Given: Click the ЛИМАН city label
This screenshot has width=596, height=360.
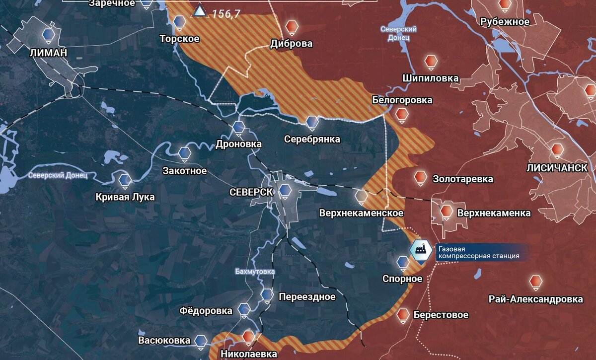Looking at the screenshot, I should (x=48, y=53).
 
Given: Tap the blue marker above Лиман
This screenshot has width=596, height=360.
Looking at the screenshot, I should (x=48, y=33).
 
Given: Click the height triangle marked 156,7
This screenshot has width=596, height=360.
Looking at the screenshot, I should (x=200, y=11).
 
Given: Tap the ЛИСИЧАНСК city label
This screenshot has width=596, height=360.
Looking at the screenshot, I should (x=560, y=168).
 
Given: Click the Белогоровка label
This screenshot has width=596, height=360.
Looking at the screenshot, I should (x=402, y=100).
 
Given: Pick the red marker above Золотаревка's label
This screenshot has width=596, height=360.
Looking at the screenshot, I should (x=420, y=176).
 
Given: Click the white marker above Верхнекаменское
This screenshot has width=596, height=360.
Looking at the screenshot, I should (x=362, y=196).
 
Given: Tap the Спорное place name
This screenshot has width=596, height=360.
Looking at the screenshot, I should (x=402, y=279).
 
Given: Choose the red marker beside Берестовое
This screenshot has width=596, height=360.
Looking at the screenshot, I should (x=403, y=314).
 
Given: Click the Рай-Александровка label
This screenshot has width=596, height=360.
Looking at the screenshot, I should (x=535, y=299).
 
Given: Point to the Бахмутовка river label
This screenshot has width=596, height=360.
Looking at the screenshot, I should (x=255, y=272).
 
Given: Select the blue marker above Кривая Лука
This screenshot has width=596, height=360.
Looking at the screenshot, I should (x=125, y=179).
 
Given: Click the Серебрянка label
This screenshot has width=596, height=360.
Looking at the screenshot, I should (x=312, y=139).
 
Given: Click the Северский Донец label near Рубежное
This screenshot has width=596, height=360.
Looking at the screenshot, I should (x=398, y=33).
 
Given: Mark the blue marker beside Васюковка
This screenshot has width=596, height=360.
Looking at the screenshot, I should (x=201, y=340).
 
